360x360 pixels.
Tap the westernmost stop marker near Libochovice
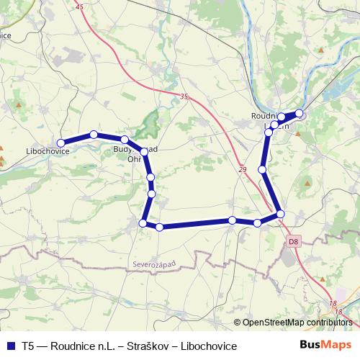[x=61, y=143]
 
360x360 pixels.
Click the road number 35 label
[x=184, y=96]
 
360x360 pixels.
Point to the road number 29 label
[x=241, y=169]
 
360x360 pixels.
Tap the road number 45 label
[x=78, y=6]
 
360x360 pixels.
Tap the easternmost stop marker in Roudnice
[x=300, y=113]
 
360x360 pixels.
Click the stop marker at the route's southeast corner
[x=280, y=214]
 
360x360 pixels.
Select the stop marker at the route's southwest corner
[x=143, y=224]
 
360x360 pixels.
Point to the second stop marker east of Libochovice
[x=125, y=140]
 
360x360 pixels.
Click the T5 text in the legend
[x=28, y=346]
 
